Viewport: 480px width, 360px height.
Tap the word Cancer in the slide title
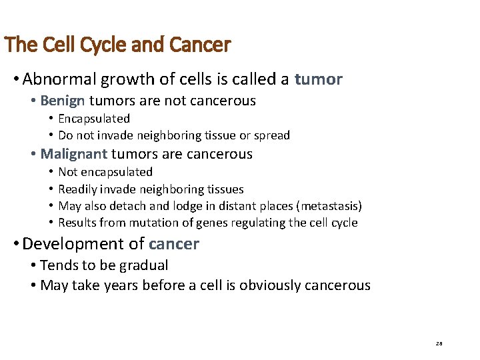(x=200, y=45)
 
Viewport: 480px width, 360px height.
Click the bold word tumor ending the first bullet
(x=318, y=80)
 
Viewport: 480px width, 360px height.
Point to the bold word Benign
(x=63, y=101)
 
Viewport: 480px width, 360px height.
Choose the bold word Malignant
(x=73, y=154)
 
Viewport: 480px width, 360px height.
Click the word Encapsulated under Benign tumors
(x=94, y=119)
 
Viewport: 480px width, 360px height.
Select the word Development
(x=74, y=244)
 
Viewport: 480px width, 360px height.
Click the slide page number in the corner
(x=439, y=343)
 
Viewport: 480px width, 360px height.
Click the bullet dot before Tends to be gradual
(x=33, y=266)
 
